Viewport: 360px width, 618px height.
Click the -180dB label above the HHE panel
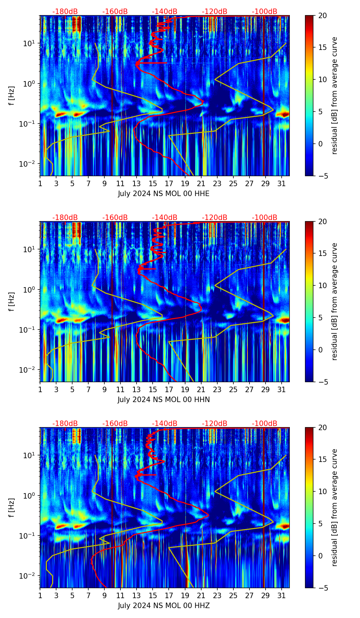point(65,12)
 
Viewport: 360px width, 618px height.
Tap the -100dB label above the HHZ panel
point(265,424)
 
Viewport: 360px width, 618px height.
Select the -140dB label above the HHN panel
point(165,218)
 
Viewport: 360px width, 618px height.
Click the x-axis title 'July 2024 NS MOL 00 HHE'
point(164,194)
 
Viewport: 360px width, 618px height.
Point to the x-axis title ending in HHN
point(164,400)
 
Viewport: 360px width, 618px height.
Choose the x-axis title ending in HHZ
point(164,606)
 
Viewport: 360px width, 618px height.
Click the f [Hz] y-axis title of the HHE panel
point(12,95)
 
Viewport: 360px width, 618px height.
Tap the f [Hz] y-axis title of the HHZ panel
point(12,507)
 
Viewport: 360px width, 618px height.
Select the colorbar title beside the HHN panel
point(335,301)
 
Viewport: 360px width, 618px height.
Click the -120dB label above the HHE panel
point(215,12)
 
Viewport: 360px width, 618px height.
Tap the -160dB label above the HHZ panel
point(115,424)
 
